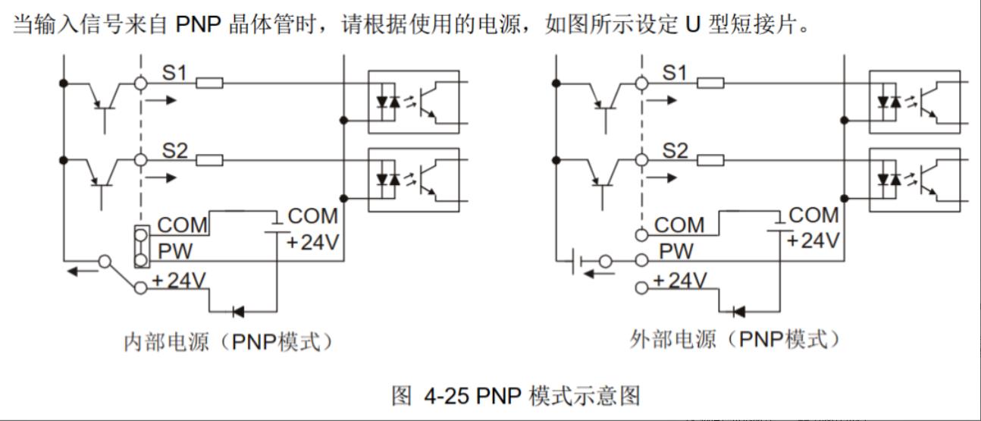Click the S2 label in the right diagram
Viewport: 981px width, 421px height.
coord(674,150)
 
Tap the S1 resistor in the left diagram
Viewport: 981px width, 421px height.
coord(209,83)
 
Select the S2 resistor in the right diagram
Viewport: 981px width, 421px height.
coord(710,159)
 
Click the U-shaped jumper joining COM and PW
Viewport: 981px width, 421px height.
coord(140,246)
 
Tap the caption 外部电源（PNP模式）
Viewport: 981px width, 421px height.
coord(735,339)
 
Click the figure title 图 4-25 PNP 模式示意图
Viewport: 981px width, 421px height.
coord(515,395)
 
